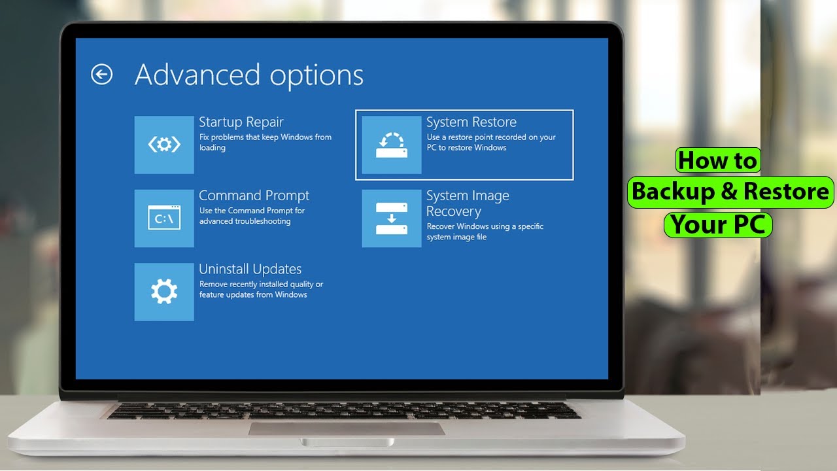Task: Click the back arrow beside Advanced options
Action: click(x=101, y=75)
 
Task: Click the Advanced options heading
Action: click(x=248, y=75)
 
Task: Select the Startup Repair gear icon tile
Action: click(x=164, y=145)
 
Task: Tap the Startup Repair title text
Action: click(x=241, y=122)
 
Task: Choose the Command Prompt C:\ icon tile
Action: click(x=164, y=218)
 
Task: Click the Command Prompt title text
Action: click(x=254, y=196)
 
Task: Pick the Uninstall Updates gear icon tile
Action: click(x=164, y=292)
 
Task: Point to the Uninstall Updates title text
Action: click(x=250, y=269)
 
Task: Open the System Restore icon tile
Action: click(x=392, y=145)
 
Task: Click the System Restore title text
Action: click(x=471, y=122)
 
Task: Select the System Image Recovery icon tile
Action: click(x=392, y=218)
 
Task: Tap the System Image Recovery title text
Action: click(x=467, y=203)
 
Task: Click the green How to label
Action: click(x=717, y=160)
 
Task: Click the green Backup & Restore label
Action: click(x=730, y=192)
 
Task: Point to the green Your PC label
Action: click(x=718, y=224)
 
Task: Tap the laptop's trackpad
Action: click(x=346, y=428)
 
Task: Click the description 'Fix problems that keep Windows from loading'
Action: click(x=265, y=143)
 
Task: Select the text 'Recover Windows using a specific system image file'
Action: click(x=485, y=232)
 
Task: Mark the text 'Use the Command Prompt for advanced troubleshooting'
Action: click(x=252, y=216)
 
